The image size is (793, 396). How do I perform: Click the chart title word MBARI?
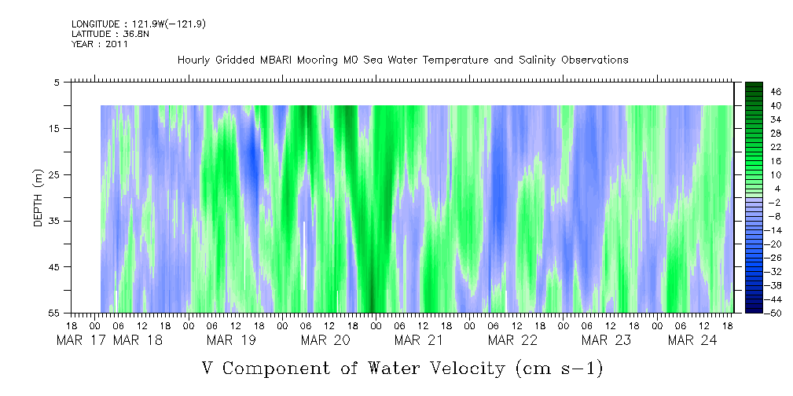click(276, 60)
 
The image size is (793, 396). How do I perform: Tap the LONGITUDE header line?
click(138, 24)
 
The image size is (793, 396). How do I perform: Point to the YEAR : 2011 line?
click(100, 44)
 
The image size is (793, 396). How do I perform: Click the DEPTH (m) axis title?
click(38, 198)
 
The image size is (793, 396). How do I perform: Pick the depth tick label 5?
click(56, 82)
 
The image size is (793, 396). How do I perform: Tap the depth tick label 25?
click(53, 175)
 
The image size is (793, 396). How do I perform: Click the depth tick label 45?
click(53, 267)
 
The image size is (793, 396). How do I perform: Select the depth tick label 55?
click(53, 313)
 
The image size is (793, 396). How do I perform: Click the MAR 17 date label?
click(82, 340)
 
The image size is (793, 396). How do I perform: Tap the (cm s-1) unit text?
click(560, 368)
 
